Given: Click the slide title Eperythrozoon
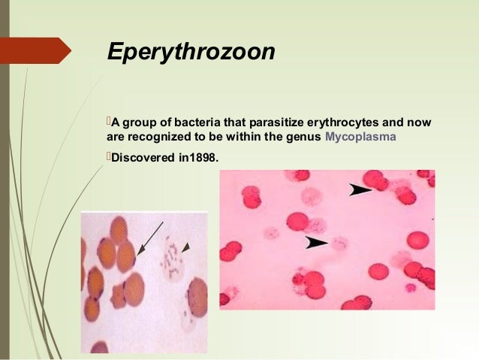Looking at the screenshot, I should point(191,52).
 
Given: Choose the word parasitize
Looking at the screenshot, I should point(273,123).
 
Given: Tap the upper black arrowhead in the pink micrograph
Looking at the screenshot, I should point(363,191).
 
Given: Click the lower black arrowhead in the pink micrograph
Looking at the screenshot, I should point(316,242).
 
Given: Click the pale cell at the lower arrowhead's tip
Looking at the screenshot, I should point(338,242).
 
